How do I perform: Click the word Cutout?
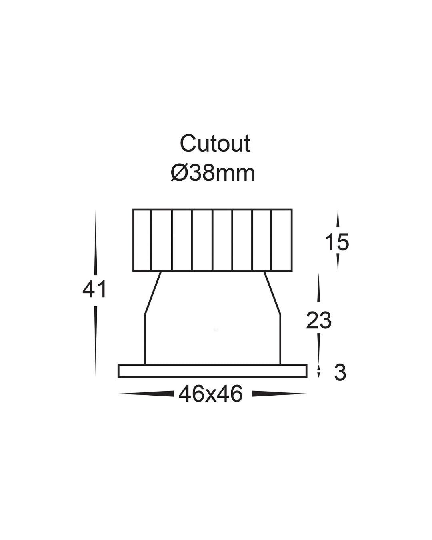[215, 144]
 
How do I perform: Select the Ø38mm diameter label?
[213, 173]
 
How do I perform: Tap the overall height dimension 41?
[94, 289]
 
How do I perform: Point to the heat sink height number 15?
[337, 242]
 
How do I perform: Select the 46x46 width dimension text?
[210, 394]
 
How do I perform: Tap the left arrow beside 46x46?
[146, 394]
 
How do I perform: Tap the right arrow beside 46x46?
[279, 394]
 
